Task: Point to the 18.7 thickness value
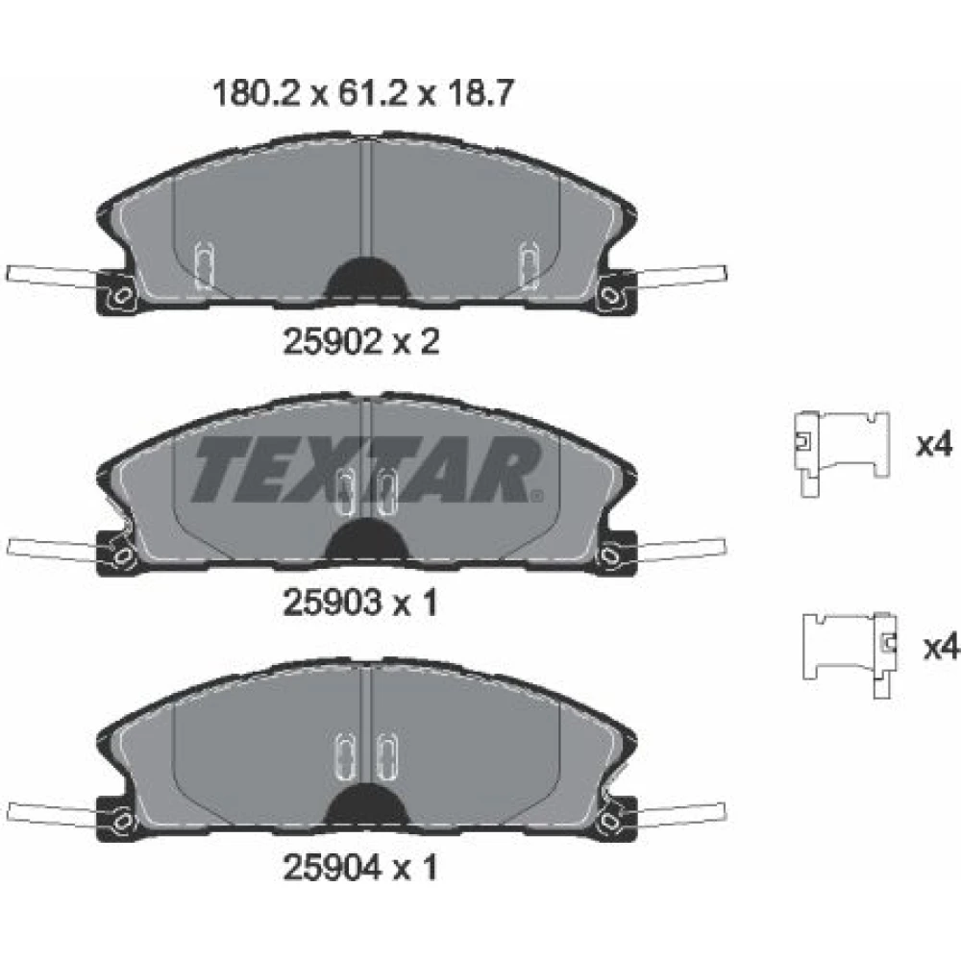[x=480, y=94]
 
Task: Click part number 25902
[x=332, y=341]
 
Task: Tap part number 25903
[x=332, y=604]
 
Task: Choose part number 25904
[x=332, y=867]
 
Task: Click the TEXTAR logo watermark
[x=366, y=470]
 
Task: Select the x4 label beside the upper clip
[x=934, y=444]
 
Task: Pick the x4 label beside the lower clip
[x=942, y=647]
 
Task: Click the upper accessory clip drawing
[x=841, y=453]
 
